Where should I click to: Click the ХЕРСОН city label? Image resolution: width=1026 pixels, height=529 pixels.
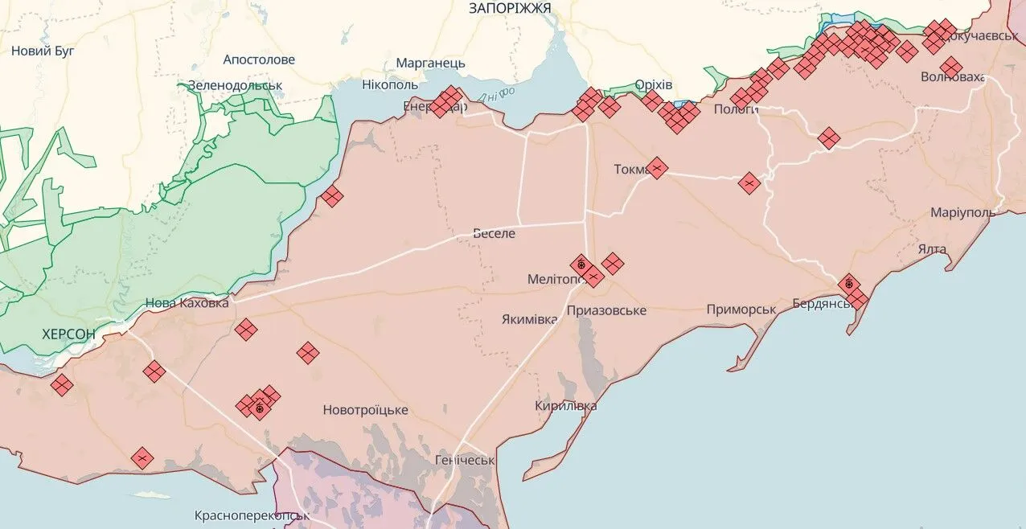point(68,334)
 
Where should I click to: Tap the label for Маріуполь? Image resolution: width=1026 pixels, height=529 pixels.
point(962,213)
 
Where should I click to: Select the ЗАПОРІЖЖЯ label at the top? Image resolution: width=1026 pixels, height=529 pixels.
point(510,8)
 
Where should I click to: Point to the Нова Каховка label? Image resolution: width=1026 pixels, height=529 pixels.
point(187,303)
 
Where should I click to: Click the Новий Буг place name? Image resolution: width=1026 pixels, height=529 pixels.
point(43,51)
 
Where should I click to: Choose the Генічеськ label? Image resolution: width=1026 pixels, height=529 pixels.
point(464,460)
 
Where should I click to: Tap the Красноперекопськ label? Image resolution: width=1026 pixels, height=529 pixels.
point(252,515)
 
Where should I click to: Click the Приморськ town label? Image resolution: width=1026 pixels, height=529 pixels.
point(741,310)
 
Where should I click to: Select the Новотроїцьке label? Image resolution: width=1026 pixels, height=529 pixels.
point(365,410)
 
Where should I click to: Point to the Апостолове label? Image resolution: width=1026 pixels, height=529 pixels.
point(259,59)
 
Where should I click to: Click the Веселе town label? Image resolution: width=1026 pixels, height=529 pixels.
point(494,233)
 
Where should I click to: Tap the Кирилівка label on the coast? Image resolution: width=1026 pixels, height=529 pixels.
point(566,406)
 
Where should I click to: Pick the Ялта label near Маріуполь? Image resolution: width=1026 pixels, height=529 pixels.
point(932,249)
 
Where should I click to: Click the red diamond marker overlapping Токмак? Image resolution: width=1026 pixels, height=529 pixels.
point(657,168)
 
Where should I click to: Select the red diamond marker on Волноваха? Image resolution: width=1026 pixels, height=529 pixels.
point(951,68)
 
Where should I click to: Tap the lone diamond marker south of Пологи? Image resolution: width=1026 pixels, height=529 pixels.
point(828,138)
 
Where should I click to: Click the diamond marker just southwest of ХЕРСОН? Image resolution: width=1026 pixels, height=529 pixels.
point(61,385)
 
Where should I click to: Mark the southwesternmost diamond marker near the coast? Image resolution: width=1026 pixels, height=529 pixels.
point(142,458)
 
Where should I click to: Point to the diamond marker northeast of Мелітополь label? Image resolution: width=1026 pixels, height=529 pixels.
point(613,263)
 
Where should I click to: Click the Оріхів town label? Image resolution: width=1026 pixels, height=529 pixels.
point(654,85)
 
